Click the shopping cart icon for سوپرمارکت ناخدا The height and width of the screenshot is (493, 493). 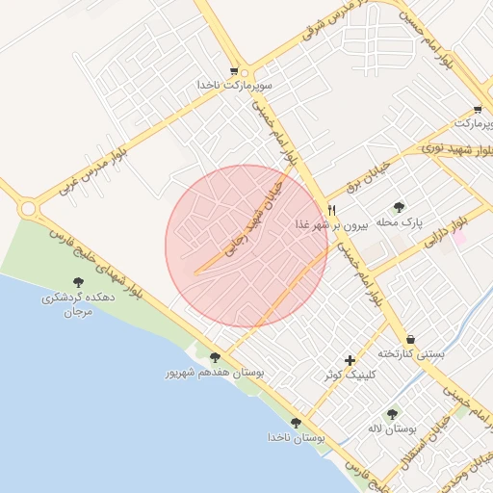coord(234,71)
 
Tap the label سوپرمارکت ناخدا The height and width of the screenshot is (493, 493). coord(236,86)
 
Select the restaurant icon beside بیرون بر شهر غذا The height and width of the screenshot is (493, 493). coord(332,209)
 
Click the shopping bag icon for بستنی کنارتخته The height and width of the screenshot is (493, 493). coord(412,339)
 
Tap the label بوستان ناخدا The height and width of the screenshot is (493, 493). coord(298,437)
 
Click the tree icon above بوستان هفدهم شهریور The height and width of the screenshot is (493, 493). coord(214,356)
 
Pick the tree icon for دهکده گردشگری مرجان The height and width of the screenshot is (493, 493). coord(78,283)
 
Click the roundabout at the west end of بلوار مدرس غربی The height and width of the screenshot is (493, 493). coord(27,207)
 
